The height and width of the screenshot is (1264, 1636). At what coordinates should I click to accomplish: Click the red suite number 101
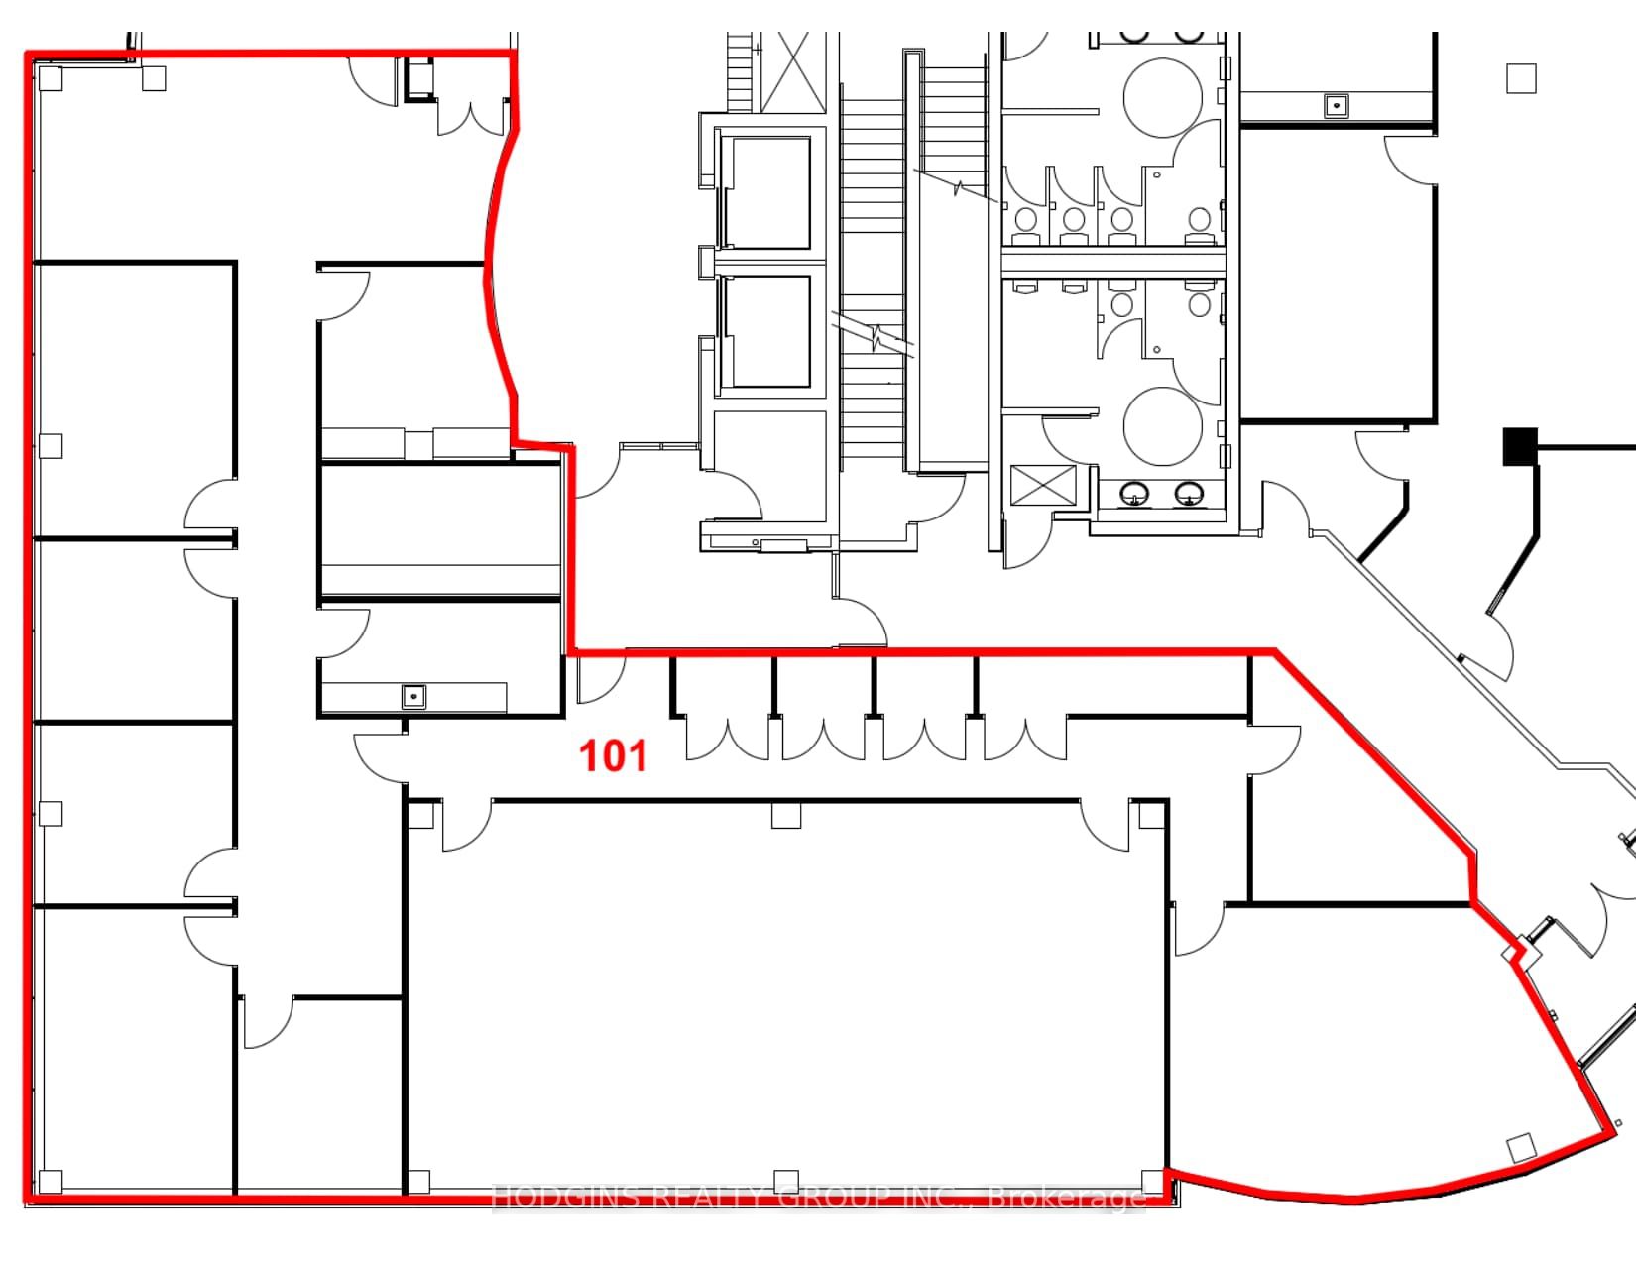pos(613,755)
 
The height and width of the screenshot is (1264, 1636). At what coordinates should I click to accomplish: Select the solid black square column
pos(1520,446)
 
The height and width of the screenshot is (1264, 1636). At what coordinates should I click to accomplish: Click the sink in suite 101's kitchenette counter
pos(413,696)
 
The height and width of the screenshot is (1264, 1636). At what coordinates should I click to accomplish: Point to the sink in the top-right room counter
pos(1337,105)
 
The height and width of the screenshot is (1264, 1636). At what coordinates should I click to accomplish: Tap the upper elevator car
pos(767,192)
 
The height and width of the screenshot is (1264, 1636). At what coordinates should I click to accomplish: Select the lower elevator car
pos(767,331)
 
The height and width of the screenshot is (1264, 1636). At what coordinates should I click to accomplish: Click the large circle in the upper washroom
pos(1162,98)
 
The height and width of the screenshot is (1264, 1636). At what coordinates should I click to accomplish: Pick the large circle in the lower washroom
pos(1162,426)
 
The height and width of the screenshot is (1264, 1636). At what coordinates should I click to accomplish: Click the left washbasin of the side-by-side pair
pos(1134,494)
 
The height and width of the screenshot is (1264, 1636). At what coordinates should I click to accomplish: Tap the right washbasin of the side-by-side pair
pos(1189,494)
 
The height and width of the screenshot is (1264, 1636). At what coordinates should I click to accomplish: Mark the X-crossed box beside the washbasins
pos(1043,485)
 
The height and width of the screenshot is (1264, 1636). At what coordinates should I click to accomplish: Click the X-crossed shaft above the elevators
pos(793,71)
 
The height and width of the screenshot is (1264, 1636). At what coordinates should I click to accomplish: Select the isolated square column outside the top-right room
pos(1521,78)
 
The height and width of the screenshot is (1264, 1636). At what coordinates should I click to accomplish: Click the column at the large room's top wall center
pos(786,815)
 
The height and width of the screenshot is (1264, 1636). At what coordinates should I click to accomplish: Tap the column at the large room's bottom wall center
pos(786,1182)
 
